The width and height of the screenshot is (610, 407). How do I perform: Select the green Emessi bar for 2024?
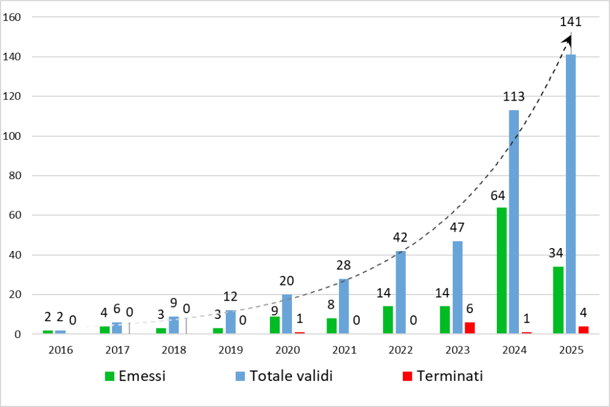click(502, 271)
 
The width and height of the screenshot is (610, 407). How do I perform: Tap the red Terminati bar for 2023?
click(469, 328)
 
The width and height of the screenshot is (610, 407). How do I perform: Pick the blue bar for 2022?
click(400, 292)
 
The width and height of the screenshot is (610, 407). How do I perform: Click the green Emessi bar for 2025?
click(558, 300)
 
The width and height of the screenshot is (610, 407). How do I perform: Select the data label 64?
click(501, 195)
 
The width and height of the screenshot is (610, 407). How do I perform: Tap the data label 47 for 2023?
click(457, 228)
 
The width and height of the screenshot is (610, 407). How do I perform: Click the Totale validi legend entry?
click(282, 375)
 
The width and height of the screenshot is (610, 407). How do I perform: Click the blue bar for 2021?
click(344, 306)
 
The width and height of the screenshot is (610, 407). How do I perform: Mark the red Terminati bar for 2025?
click(583, 330)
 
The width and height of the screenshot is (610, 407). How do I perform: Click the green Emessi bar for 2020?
click(275, 325)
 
